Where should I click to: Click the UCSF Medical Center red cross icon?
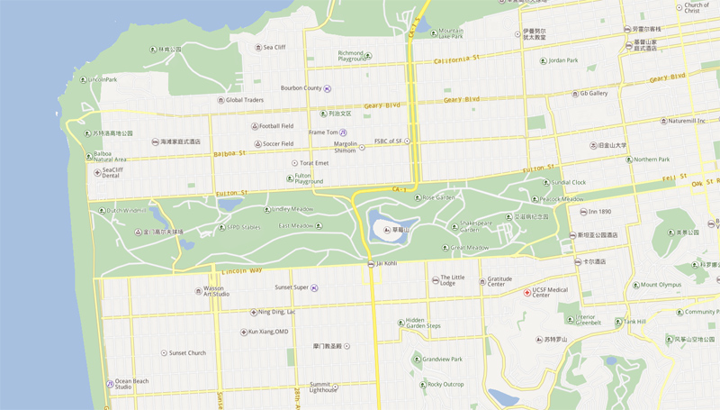coord(527,292)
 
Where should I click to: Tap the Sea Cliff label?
coord(274,47)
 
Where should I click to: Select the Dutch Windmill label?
coord(125,211)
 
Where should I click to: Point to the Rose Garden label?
coord(439,197)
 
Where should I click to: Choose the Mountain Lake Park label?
coord(450,33)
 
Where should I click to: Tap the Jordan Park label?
coord(562,60)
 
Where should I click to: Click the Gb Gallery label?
coord(593,93)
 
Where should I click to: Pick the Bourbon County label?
coord(301,88)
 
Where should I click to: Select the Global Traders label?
coord(244,100)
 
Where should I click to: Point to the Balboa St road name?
coord(230,153)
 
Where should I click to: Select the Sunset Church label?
coord(187,353)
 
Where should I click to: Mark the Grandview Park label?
coord(444,360)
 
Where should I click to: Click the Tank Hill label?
coord(634,322)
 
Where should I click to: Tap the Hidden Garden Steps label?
coord(423,323)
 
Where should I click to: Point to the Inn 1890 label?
coord(599,212)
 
